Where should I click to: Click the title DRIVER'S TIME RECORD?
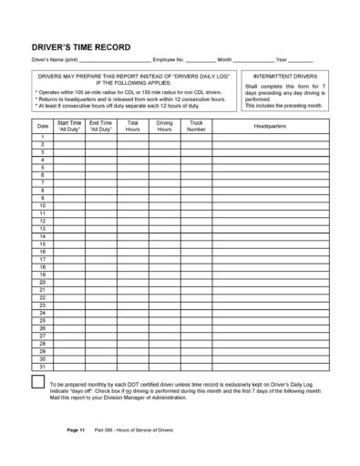(x=80, y=47)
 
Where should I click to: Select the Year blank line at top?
(x=301, y=59)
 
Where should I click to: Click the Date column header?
(x=43, y=125)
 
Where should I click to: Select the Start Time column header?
(x=69, y=125)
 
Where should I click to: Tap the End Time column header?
(x=101, y=125)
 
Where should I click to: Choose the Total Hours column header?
(x=132, y=125)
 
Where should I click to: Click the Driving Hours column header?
(x=164, y=125)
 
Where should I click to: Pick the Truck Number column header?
(x=196, y=125)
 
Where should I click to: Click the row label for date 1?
(x=43, y=137)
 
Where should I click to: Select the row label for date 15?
(x=43, y=244)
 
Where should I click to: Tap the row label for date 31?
(x=43, y=367)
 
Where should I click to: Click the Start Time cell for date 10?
(x=69, y=206)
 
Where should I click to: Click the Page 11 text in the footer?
(x=76, y=429)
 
